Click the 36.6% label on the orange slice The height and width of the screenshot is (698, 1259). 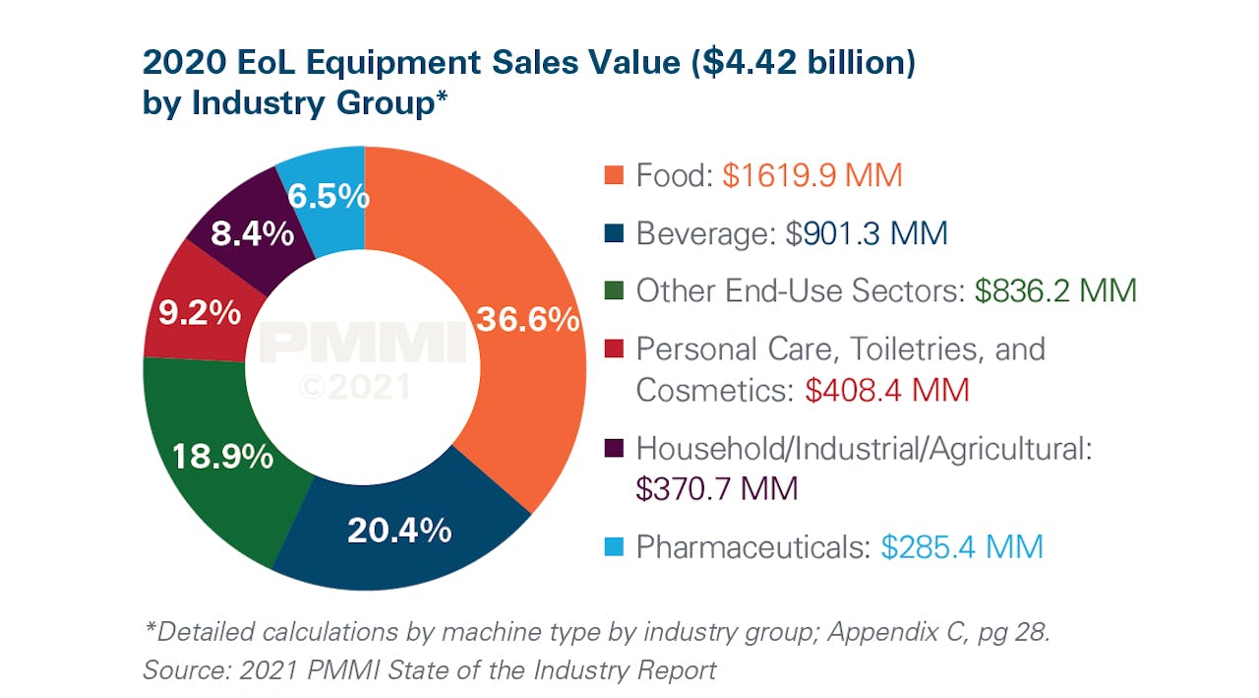pos(526,320)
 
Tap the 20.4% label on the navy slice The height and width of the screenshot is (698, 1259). pos(398,531)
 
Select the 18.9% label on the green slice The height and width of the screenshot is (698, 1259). pos(221,457)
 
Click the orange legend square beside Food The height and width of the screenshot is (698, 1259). pos(613,177)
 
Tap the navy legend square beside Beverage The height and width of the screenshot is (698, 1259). pos(613,234)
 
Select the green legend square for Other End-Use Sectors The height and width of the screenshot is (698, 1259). pos(613,291)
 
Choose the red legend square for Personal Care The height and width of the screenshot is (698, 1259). pos(613,349)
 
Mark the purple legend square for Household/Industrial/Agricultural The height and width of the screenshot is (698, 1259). pos(613,449)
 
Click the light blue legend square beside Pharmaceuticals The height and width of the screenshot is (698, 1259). pos(613,546)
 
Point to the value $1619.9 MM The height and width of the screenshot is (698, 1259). pos(811,176)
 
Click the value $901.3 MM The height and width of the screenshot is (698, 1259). pos(867,234)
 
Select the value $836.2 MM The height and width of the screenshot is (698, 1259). pos(1055,291)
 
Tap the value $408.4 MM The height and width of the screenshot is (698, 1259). pos(886,390)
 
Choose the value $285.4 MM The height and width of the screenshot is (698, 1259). pos(961,546)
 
